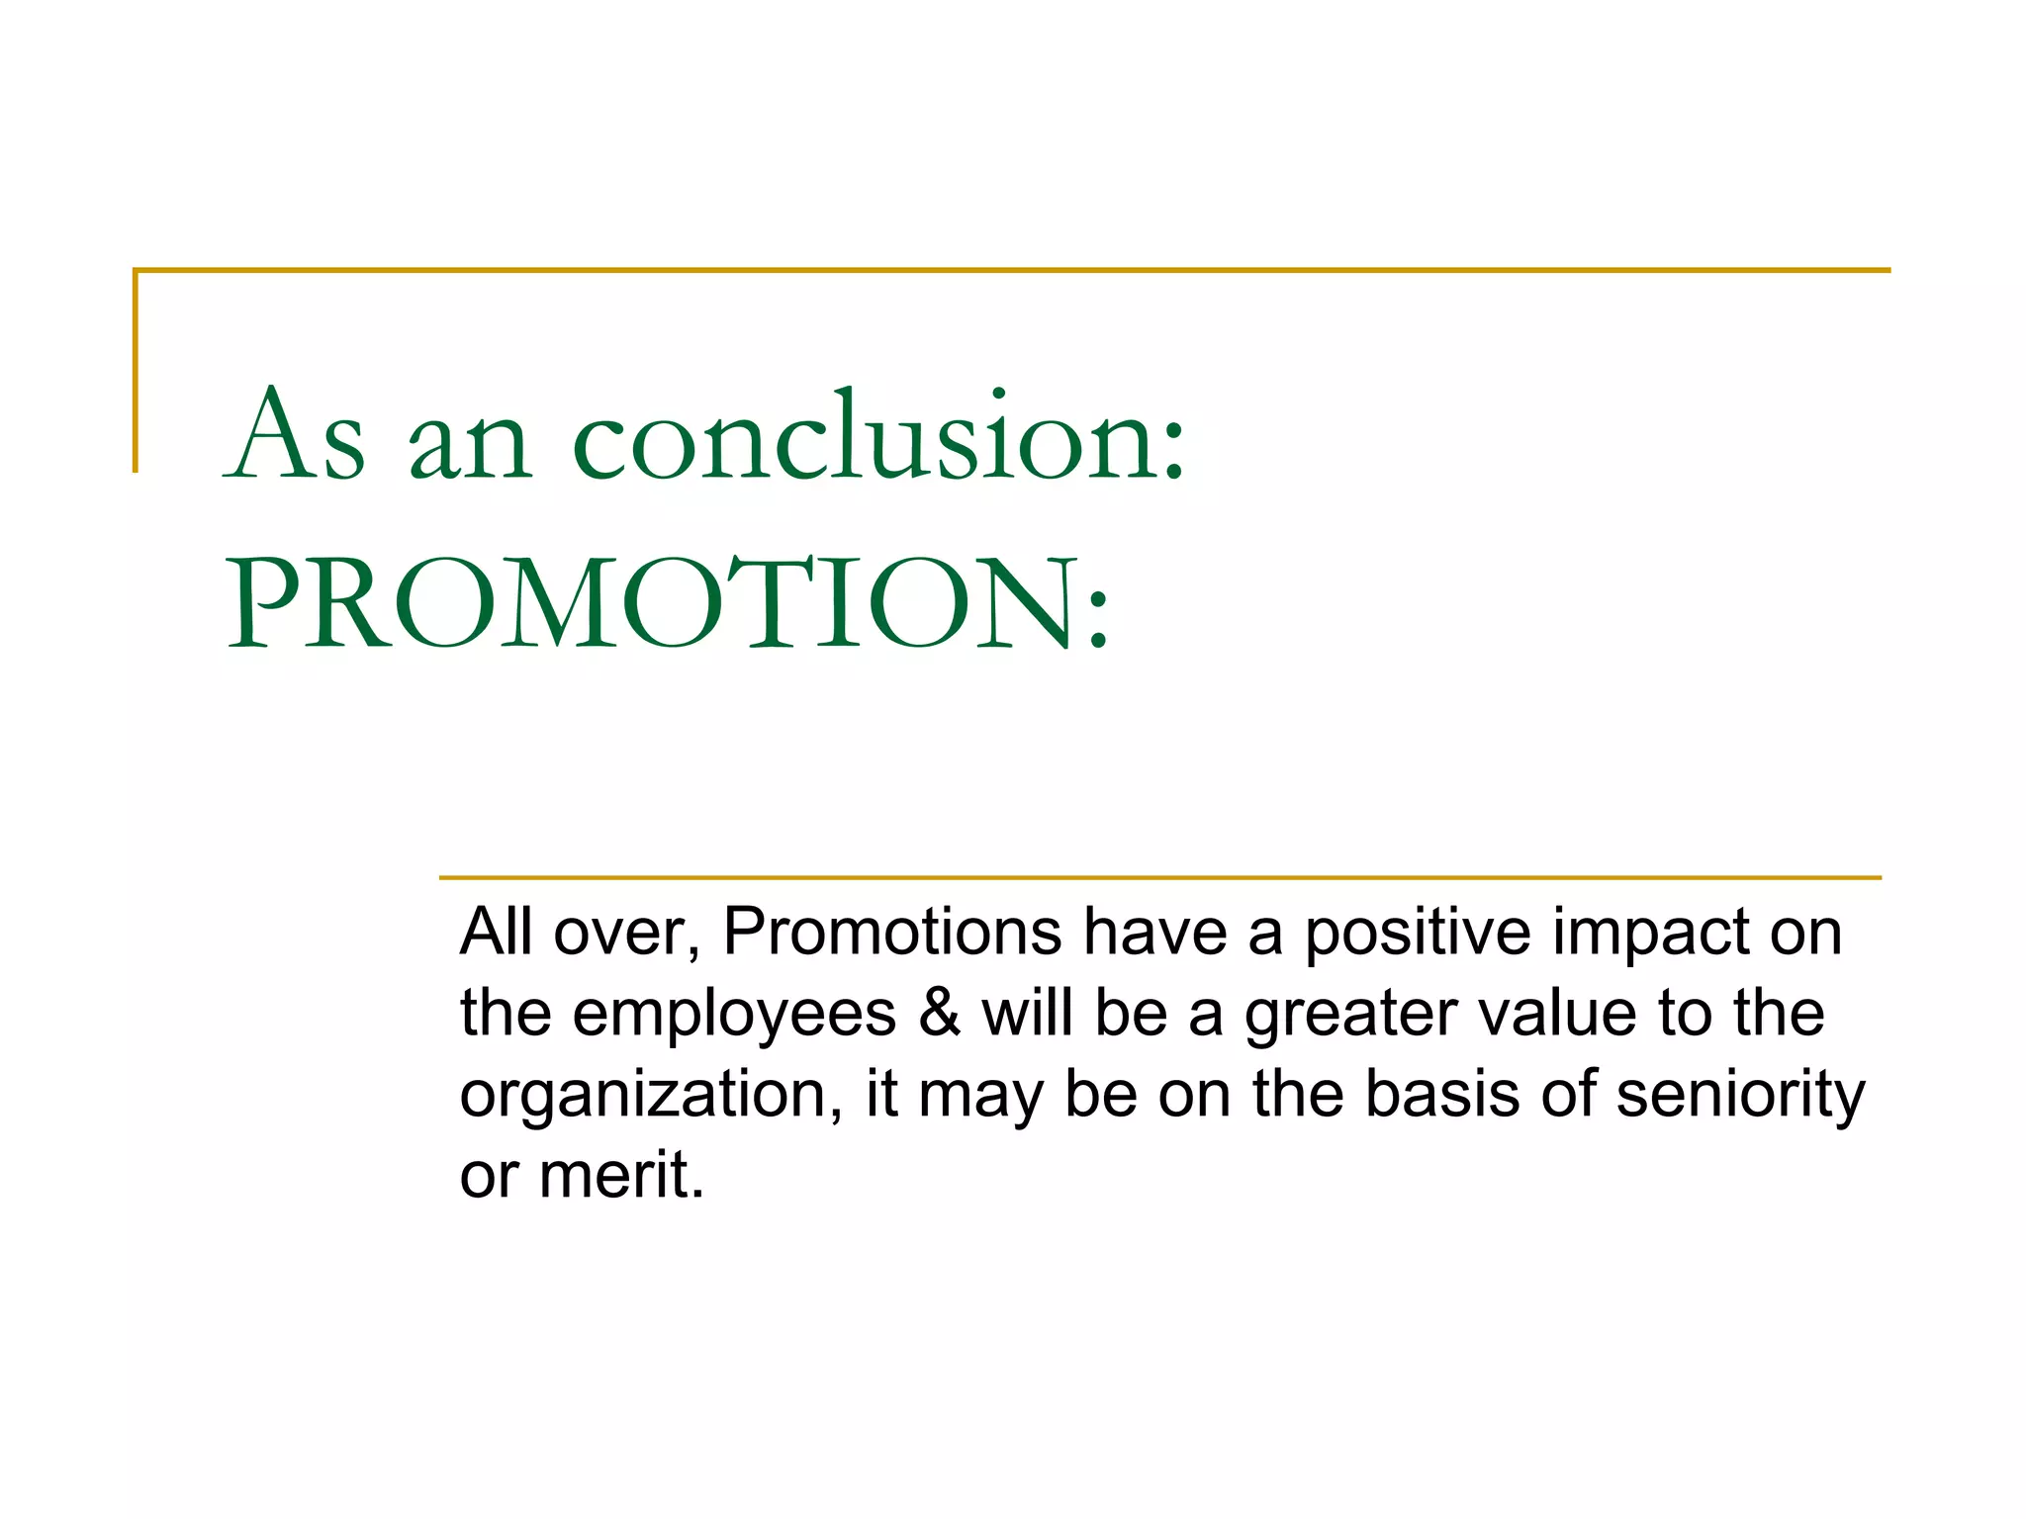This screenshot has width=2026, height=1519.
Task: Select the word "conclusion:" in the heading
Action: pyautogui.click(x=878, y=436)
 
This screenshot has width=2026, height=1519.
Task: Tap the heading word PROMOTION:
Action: pyautogui.click(x=669, y=603)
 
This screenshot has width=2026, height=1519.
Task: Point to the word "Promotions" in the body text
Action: pyautogui.click(x=892, y=932)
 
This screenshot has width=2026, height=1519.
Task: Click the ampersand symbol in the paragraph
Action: pyautogui.click(x=939, y=1014)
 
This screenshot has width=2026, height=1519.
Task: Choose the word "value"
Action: pyautogui.click(x=1557, y=1014)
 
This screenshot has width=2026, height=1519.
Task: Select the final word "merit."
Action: pyautogui.click(x=621, y=1176)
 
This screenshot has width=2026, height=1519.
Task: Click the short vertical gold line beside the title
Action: pyautogui.click(x=136, y=371)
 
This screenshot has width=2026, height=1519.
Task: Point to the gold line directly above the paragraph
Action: pyautogui.click(x=1159, y=877)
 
